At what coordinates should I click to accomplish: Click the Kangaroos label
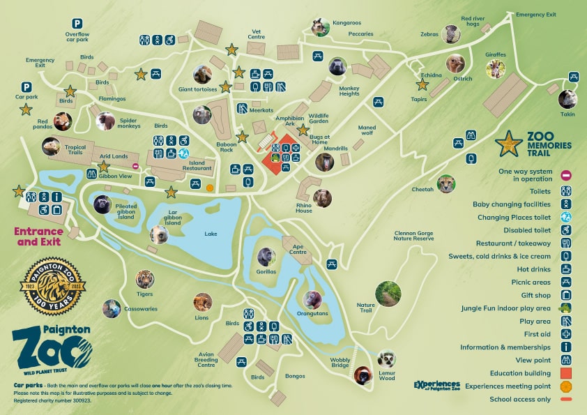coord(347,23)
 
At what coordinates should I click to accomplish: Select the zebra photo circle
coord(454,33)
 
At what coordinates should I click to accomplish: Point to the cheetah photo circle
coord(445,184)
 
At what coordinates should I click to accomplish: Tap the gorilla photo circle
coord(266,257)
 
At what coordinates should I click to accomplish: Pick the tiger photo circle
coord(145,279)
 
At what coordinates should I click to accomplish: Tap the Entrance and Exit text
coord(39,235)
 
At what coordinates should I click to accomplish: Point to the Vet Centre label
coord(257,34)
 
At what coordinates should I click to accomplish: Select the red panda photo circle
coord(63,122)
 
